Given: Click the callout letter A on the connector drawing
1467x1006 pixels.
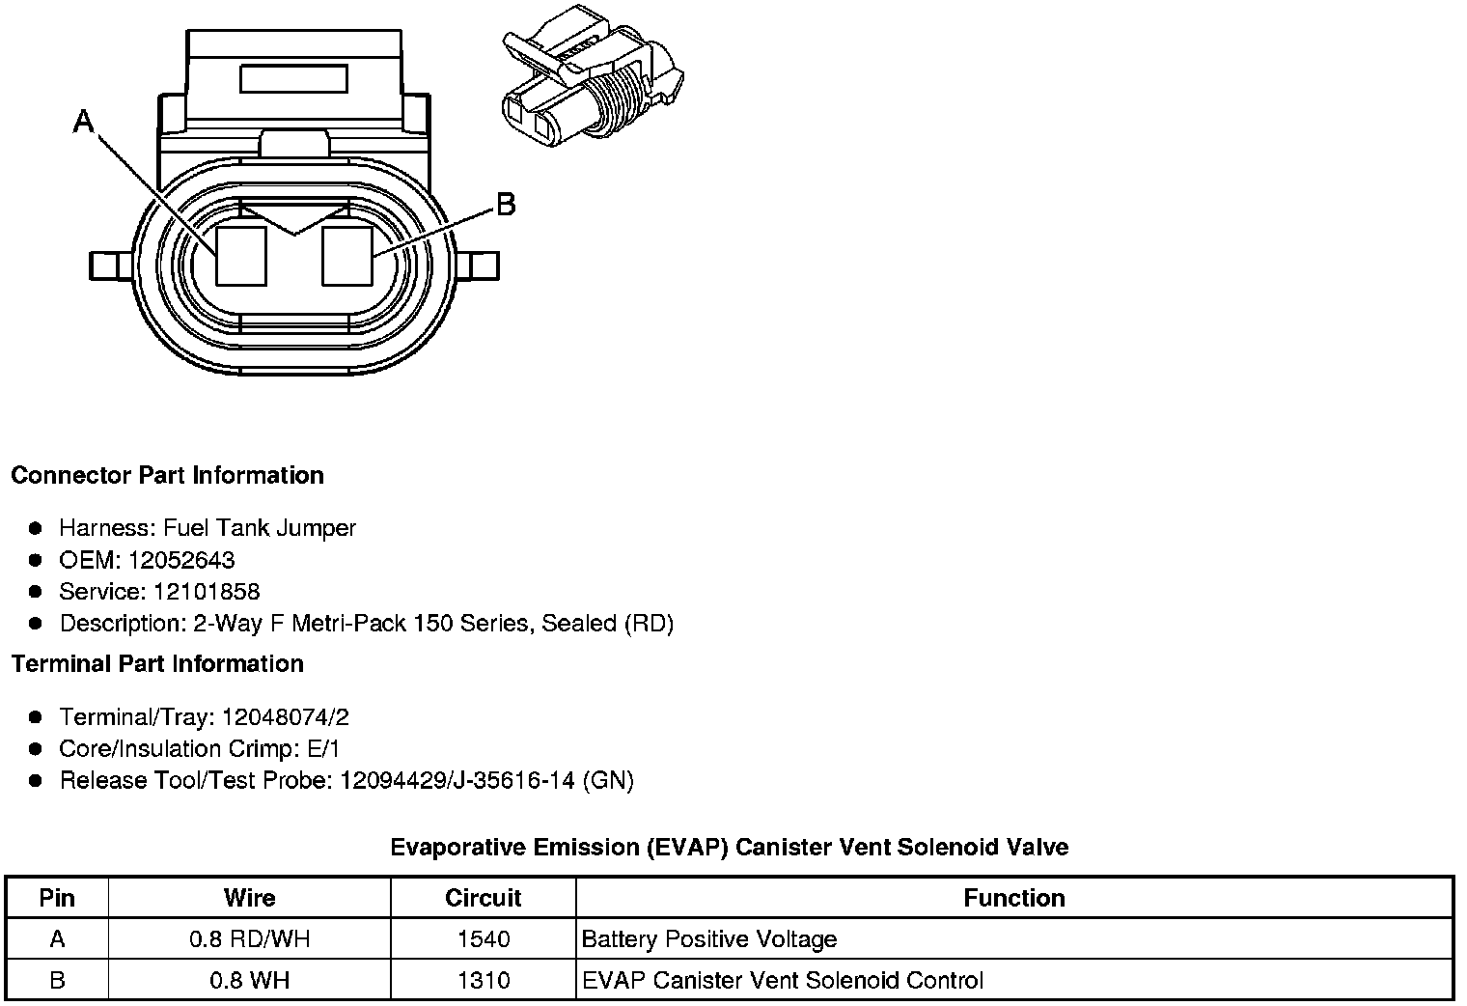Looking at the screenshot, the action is click(84, 123).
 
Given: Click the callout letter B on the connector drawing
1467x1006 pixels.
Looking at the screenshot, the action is click(505, 205).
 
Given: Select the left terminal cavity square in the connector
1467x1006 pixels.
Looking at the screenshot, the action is click(240, 256).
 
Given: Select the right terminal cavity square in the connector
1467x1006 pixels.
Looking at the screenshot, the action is click(346, 256).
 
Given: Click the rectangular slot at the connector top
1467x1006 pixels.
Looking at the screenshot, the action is click(293, 78).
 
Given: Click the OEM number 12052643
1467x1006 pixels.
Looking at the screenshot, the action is click(180, 560).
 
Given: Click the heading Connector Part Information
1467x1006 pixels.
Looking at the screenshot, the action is click(167, 476).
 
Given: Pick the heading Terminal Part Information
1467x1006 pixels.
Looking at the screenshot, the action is click(157, 664).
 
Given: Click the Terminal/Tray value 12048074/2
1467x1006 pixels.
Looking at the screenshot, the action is click(285, 717).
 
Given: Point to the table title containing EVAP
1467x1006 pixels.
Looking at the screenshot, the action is click(729, 848).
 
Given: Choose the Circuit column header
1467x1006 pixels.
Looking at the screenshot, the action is click(483, 898).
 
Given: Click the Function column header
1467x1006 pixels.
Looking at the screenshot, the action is click(1013, 898).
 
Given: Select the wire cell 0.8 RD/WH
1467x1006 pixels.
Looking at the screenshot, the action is click(250, 939).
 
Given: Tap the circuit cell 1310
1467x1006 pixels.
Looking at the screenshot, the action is click(483, 981).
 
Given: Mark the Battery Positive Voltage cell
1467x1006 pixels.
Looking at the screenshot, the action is click(709, 939).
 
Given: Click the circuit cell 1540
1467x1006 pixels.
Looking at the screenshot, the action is click(483, 939).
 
